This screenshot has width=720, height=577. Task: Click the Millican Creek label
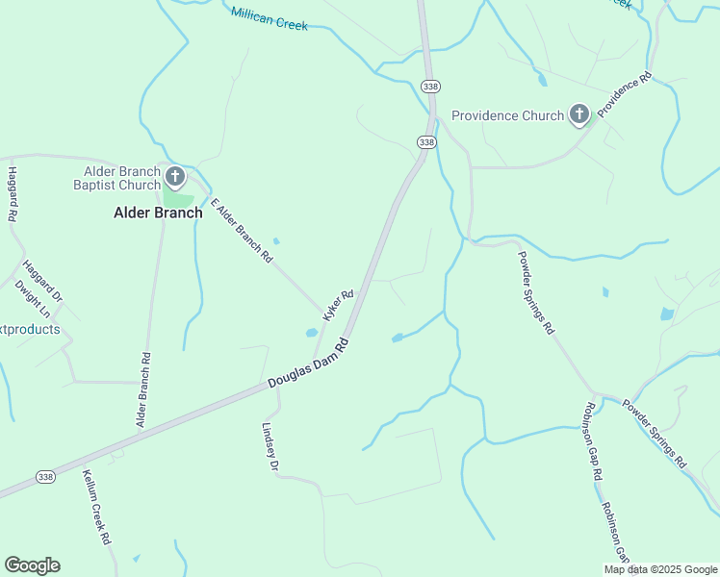tap(270, 18)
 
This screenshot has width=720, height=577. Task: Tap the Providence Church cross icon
tap(579, 116)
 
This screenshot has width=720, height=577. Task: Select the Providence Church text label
tap(507, 116)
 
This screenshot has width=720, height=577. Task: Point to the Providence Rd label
tap(625, 94)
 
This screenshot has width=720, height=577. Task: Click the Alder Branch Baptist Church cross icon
tap(174, 176)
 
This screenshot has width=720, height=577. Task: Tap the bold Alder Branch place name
tap(159, 213)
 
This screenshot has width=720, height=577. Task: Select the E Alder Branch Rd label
tap(242, 231)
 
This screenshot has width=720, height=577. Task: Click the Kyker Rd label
tap(338, 306)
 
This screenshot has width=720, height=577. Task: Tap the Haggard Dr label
tap(42, 282)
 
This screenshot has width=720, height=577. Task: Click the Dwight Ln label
tap(33, 299)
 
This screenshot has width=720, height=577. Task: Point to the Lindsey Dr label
tap(270, 447)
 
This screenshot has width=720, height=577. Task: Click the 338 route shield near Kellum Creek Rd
tap(44, 477)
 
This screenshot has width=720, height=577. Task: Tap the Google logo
tap(32, 565)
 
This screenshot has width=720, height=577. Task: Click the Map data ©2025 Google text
tap(659, 569)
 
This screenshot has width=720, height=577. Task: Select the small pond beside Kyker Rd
tap(312, 333)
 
